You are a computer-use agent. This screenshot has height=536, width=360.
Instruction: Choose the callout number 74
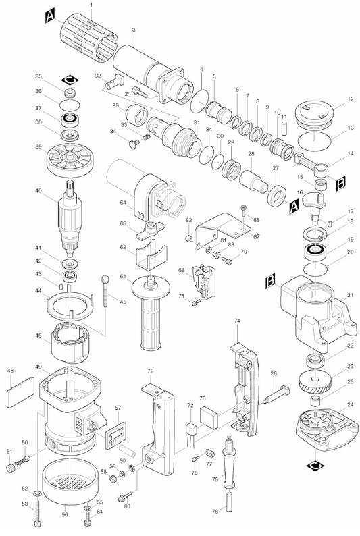(x=237, y=321)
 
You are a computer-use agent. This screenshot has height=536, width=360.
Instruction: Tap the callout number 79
(x=151, y=371)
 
